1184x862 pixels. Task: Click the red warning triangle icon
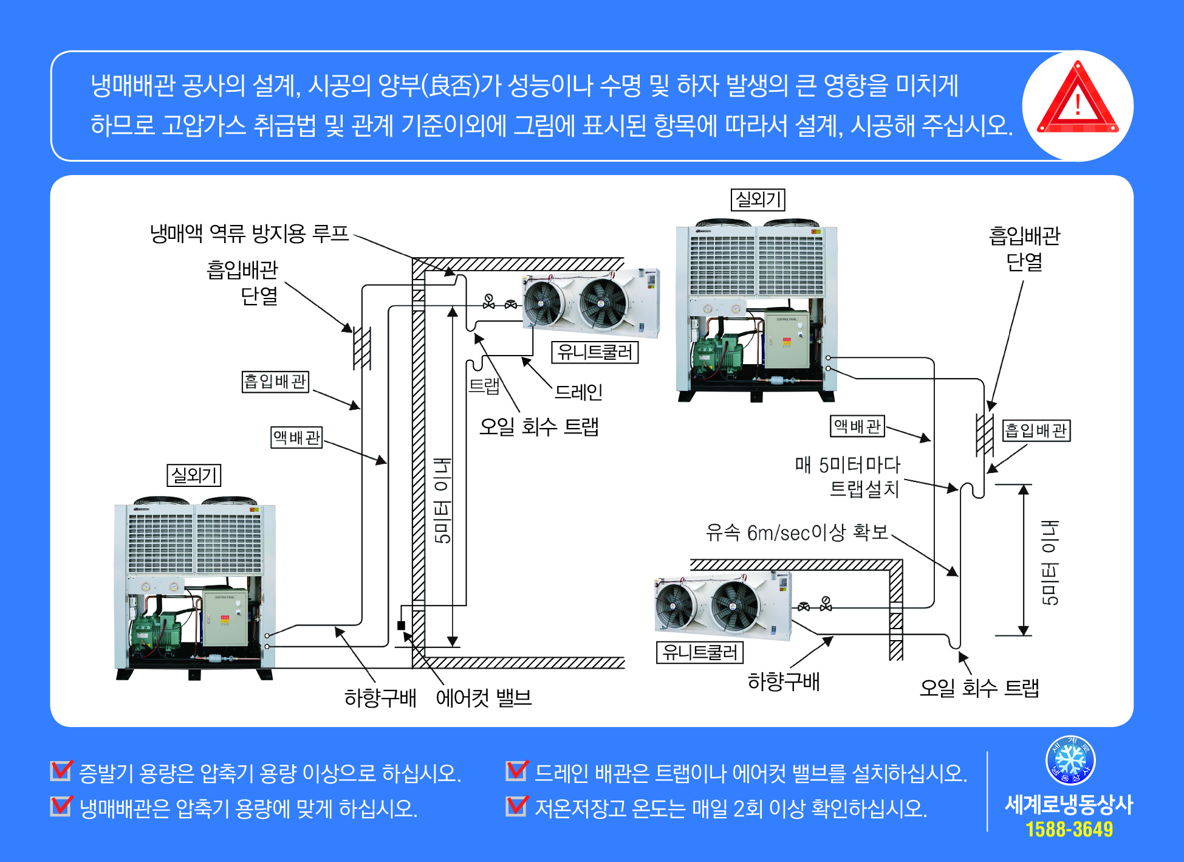point(1077,100)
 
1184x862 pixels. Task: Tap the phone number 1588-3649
point(1069,829)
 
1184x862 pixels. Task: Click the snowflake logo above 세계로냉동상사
point(1070,760)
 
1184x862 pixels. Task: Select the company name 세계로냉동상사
point(1069,804)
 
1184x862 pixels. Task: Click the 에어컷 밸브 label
point(484,697)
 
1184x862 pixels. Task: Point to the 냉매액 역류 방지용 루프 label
point(249,233)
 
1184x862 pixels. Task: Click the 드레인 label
point(578,392)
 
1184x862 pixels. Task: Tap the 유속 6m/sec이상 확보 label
point(796,533)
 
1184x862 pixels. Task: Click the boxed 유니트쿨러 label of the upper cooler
point(595,352)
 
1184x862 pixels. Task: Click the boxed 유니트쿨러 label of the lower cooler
point(699,652)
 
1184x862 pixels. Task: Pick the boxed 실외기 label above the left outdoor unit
point(194,475)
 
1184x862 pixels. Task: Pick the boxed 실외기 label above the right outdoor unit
point(758,199)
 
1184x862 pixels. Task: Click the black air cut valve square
point(401,626)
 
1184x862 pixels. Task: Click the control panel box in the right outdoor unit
point(787,340)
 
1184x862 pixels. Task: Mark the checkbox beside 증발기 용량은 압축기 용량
point(61,771)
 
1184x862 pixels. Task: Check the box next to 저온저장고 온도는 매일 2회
point(516,807)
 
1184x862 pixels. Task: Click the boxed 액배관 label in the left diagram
point(296,437)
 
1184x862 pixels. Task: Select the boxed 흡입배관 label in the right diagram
point(1036,430)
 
